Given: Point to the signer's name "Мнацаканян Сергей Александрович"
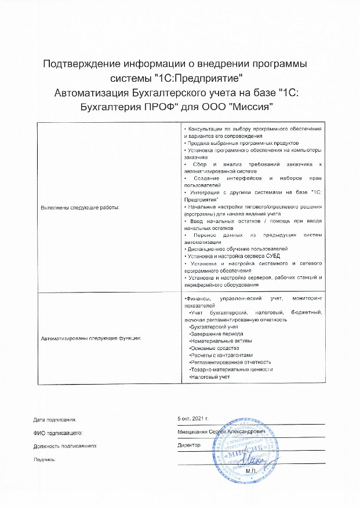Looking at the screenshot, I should tap(223, 432).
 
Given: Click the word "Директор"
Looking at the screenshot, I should tap(190, 445).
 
